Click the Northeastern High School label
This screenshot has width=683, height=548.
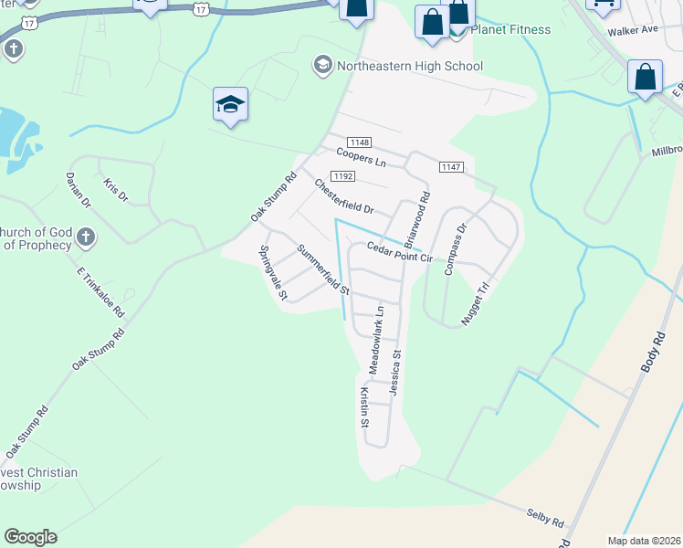point(409,66)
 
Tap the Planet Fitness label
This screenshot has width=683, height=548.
point(511,29)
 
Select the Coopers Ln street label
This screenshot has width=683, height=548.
point(362,157)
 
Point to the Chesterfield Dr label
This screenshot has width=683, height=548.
point(344,196)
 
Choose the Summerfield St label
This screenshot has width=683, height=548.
point(323,269)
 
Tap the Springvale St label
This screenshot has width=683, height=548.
point(273,272)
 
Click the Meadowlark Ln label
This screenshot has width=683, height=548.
point(376,339)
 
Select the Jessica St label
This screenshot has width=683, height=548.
point(395,371)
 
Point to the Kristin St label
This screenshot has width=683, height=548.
point(363,407)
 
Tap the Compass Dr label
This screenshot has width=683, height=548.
point(455,249)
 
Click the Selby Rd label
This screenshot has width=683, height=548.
point(544,518)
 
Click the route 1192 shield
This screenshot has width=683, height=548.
point(343,175)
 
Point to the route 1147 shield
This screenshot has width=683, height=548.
point(451,166)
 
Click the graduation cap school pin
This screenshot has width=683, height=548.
point(231,104)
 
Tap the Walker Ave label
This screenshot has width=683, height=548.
point(636,29)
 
